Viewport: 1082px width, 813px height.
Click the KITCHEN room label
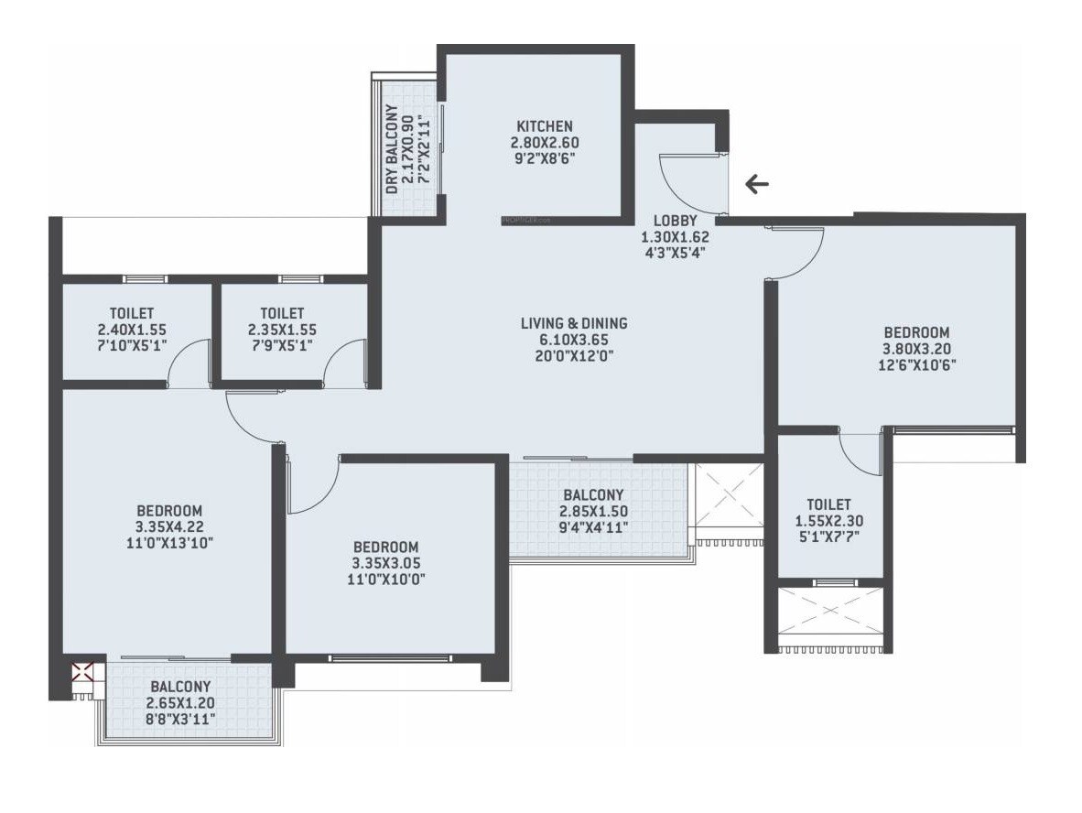coord(545,126)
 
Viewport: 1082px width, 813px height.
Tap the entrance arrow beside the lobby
coord(756,185)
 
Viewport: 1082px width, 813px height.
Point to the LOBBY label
coord(676,221)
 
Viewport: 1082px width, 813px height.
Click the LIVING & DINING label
coord(574,323)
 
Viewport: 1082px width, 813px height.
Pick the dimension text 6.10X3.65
coord(574,340)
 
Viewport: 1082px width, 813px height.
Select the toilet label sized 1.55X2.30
coord(828,504)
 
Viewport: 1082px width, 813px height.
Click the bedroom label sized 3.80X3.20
coord(916,332)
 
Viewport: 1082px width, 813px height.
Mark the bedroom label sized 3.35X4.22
coord(169,510)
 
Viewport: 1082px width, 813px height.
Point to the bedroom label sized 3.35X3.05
coord(384,547)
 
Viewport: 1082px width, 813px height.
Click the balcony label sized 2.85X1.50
coord(593,495)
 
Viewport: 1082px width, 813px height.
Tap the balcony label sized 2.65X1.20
coord(180,687)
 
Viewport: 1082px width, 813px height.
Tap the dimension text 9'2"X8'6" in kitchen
coord(545,159)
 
